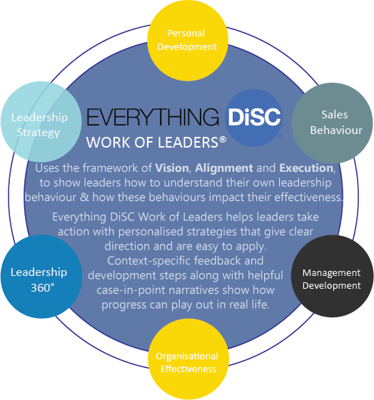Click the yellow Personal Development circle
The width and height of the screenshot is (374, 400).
click(188, 41)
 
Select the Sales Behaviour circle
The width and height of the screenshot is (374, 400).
click(333, 123)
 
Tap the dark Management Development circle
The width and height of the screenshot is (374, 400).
click(332, 276)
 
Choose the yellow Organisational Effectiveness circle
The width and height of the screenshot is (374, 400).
click(188, 359)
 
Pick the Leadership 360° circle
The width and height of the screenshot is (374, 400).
click(41, 276)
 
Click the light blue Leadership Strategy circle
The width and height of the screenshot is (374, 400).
click(41, 122)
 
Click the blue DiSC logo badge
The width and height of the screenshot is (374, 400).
click(254, 118)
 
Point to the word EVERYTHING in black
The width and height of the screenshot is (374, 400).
click(153, 117)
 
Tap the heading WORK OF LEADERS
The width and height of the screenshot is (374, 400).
click(152, 143)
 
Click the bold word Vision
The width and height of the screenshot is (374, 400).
click(172, 168)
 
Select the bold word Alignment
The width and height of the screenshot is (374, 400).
click(224, 168)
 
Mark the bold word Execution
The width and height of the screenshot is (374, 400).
click(306, 168)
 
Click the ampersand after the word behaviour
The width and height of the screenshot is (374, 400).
click(84, 198)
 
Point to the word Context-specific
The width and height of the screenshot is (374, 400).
click(148, 261)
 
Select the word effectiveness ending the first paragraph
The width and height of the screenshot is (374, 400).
click(308, 198)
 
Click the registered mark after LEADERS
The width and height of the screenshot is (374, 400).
click(223, 140)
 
